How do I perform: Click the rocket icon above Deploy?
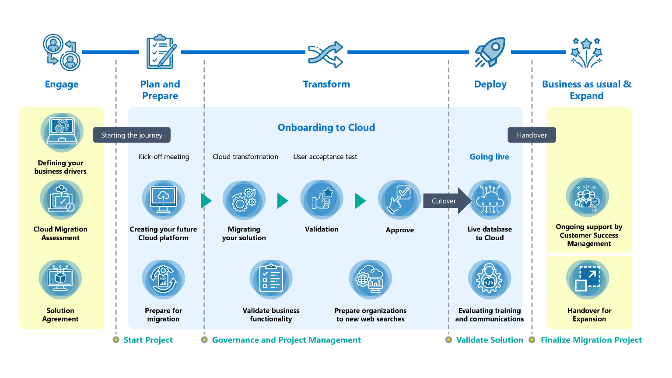coord(490,52)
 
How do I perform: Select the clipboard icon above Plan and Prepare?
coord(161,52)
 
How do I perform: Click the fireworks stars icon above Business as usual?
coord(586,52)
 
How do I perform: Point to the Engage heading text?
coord(62,84)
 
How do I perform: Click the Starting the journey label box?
coord(132,135)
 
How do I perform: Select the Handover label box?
coord(532,135)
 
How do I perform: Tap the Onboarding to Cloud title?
coord(326,128)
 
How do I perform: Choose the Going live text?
coord(489,157)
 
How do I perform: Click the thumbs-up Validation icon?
coord(322,199)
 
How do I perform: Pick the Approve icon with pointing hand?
coord(399,199)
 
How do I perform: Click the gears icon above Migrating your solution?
coord(244,199)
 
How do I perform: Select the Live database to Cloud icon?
coord(490,199)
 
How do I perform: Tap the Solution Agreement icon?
coord(60,279)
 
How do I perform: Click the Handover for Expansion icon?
coord(588,279)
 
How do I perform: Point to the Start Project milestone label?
coord(148,340)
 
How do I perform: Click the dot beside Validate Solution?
coord(448,340)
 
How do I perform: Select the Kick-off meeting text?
coord(164,157)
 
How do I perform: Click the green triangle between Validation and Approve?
coord(360,201)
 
